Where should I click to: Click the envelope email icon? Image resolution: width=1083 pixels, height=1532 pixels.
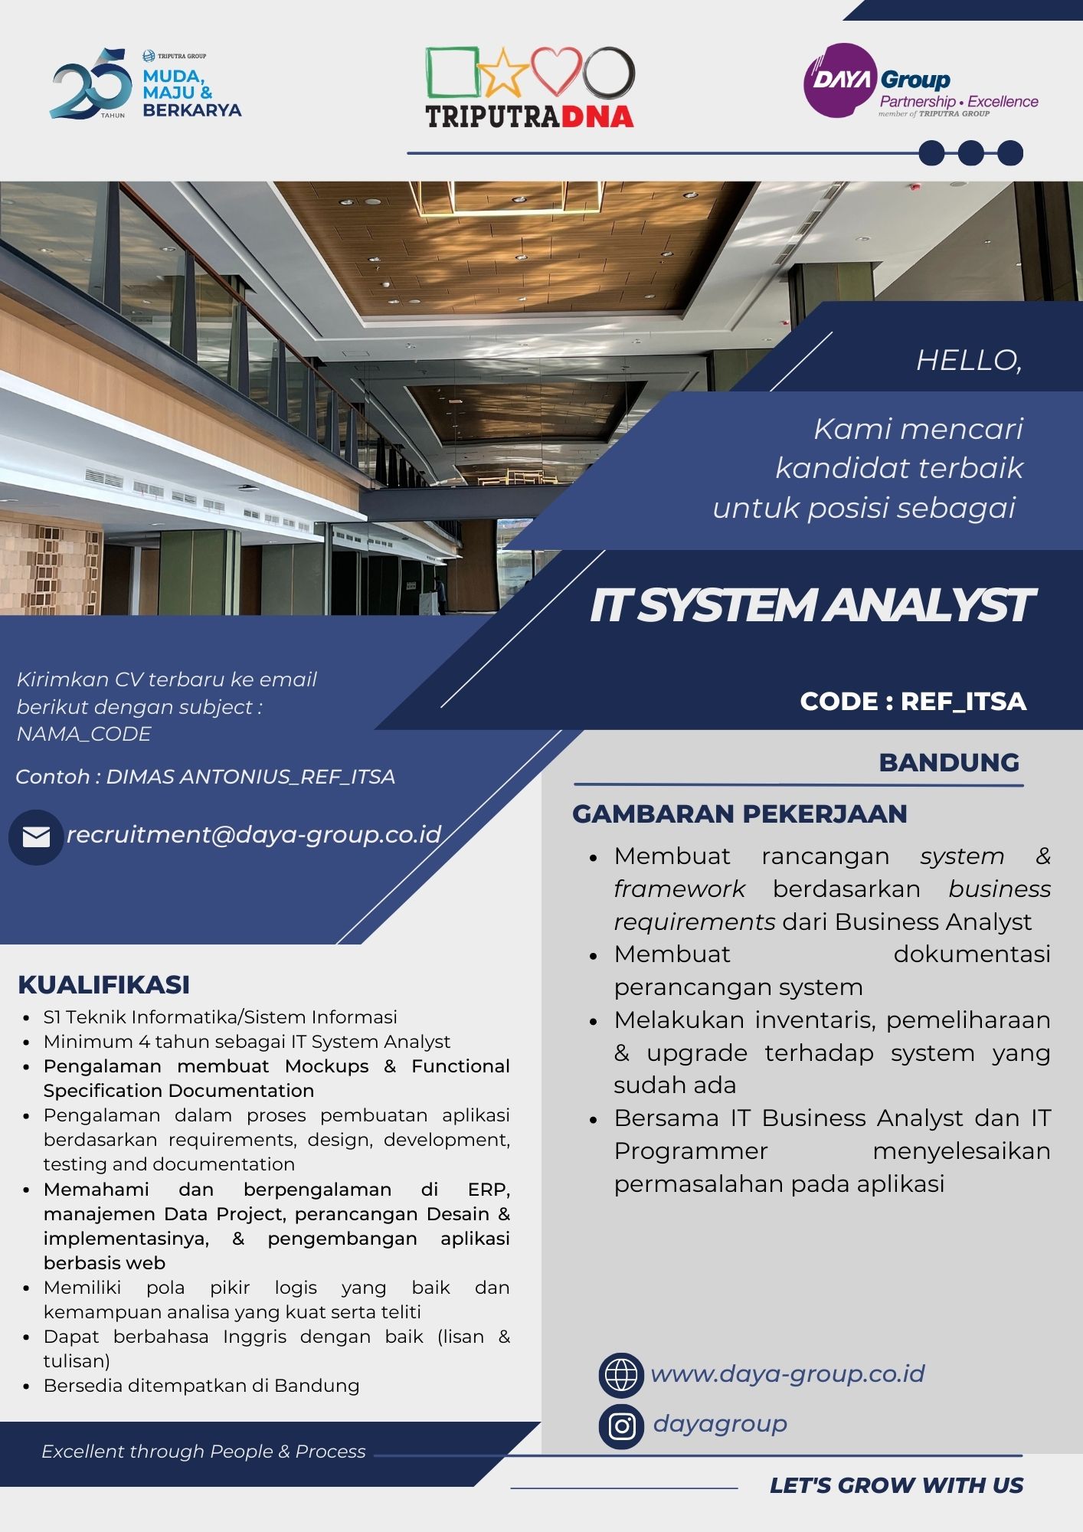tap(36, 837)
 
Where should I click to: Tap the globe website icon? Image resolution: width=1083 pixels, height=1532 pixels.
tap(621, 1375)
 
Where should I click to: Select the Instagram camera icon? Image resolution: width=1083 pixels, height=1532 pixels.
tap(621, 1426)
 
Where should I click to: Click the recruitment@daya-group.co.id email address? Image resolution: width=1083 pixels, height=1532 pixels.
tap(254, 834)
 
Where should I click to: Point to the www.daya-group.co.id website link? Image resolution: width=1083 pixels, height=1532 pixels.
tap(787, 1374)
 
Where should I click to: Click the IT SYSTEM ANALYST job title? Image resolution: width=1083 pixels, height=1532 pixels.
tap(811, 605)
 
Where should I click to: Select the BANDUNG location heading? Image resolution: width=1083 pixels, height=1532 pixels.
tap(949, 762)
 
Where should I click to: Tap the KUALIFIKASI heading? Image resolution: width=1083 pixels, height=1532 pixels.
tap(104, 984)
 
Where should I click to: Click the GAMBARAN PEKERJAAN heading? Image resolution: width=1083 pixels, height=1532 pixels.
tap(740, 813)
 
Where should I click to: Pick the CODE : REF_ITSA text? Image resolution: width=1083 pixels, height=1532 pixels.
tap(913, 701)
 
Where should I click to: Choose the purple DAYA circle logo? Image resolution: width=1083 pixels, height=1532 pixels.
tap(840, 80)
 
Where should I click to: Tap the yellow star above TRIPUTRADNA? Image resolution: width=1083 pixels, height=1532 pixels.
tap(503, 72)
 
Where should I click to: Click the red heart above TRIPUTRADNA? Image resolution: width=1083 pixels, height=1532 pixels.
tap(557, 71)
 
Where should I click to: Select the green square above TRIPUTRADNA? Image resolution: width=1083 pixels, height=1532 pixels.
tap(452, 73)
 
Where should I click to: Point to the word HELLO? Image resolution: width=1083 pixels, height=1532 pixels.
tap(969, 360)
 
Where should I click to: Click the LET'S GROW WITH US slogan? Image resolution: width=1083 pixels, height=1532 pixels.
tap(896, 1485)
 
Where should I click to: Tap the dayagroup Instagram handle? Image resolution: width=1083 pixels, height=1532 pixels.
tap(720, 1424)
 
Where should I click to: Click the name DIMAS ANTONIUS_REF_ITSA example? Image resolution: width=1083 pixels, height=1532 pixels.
tap(250, 777)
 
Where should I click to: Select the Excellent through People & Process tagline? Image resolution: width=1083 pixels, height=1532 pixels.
tap(204, 1452)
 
